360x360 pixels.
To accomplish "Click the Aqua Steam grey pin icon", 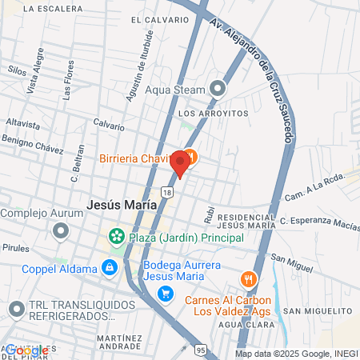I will [x=217, y=88].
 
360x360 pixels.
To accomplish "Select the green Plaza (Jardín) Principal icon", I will [x=118, y=238].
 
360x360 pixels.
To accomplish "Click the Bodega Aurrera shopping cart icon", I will [x=166, y=294].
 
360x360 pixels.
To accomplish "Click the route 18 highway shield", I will [x=166, y=192].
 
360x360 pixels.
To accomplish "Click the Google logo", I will [x=26, y=350].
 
